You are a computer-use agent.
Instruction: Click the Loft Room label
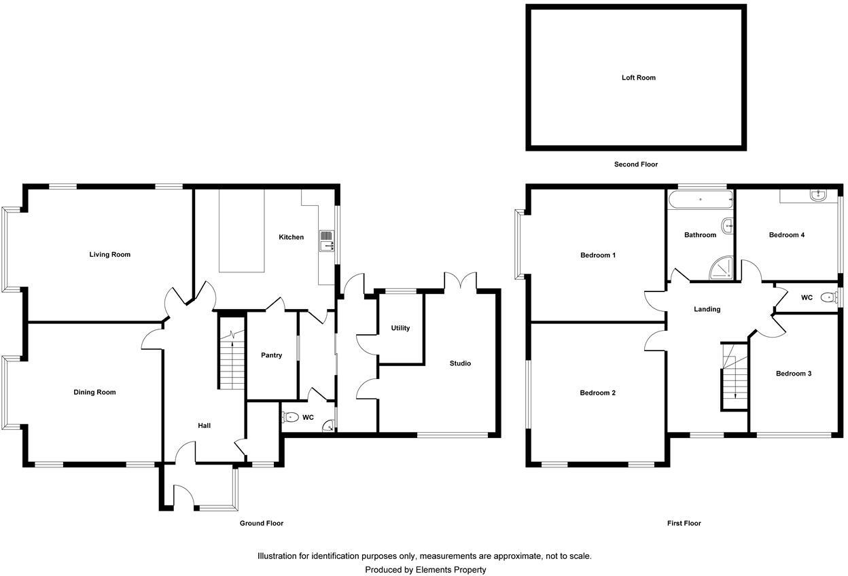638,77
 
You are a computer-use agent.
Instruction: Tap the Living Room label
109,255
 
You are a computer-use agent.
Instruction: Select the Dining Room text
94,392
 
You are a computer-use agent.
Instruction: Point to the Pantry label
271,355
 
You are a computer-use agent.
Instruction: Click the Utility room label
400,328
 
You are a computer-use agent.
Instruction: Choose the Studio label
460,363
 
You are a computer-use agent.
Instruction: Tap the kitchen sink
327,241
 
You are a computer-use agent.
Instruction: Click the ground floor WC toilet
291,417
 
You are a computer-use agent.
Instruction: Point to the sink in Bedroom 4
818,196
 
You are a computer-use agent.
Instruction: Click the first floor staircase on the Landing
734,377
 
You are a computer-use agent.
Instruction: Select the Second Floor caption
635,164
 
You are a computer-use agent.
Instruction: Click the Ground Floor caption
261,523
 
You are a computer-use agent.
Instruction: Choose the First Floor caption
684,523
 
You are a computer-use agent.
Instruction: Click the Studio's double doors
461,281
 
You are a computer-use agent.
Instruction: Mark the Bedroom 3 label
794,374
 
